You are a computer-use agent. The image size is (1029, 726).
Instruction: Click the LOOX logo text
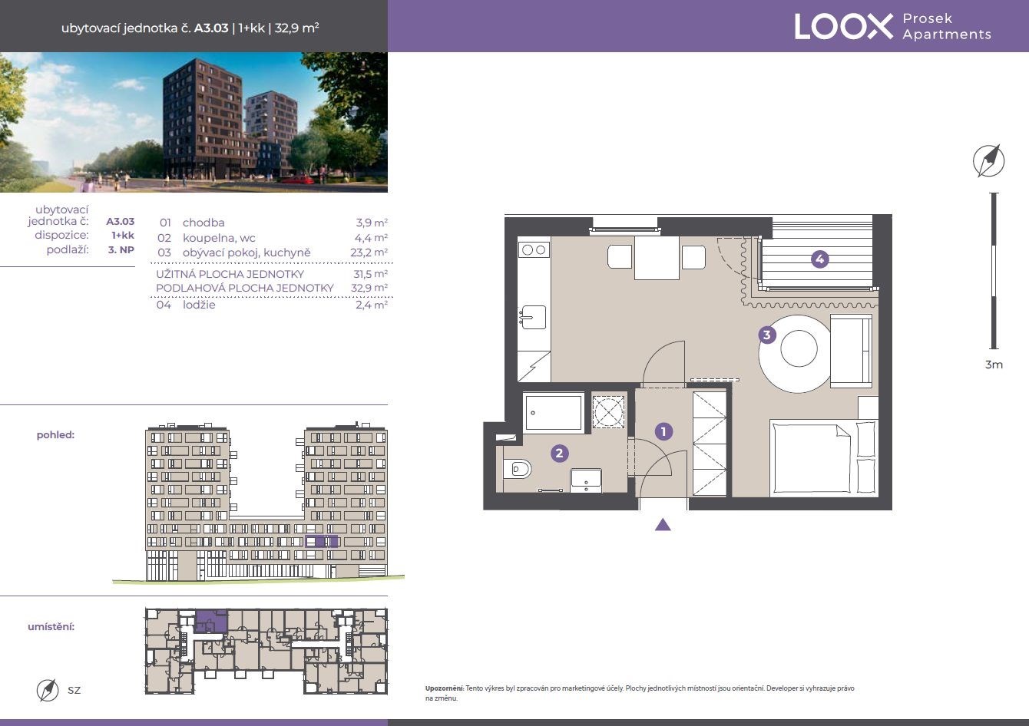(844, 26)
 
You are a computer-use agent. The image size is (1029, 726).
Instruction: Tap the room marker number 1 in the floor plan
(663, 431)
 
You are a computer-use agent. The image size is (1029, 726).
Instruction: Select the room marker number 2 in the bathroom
(559, 454)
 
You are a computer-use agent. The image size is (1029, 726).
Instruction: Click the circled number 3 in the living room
(766, 335)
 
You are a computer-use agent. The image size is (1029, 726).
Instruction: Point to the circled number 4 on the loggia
(820, 259)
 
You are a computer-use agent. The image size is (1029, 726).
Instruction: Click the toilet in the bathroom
(518, 470)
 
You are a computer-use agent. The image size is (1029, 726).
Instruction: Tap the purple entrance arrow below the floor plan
(663, 524)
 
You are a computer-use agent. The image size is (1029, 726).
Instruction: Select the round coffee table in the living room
(799, 348)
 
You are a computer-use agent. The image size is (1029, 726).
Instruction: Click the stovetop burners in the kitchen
(534, 250)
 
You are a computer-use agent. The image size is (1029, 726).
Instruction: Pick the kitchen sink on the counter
(533, 317)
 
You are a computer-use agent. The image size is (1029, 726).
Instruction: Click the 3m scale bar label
(994, 365)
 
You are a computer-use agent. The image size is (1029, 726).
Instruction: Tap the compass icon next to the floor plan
(988, 160)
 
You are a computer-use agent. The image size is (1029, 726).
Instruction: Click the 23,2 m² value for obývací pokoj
(369, 252)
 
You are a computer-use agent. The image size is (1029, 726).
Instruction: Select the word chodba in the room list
(203, 223)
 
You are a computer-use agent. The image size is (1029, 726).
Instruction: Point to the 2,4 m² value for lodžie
(372, 305)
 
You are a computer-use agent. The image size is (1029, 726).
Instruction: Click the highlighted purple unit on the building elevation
(322, 541)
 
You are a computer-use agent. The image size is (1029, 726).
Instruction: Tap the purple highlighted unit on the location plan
(212, 621)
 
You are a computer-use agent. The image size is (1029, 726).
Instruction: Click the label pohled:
(55, 435)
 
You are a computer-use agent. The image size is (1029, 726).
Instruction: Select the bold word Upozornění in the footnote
(444, 688)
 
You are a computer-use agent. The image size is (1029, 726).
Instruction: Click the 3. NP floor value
(121, 250)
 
